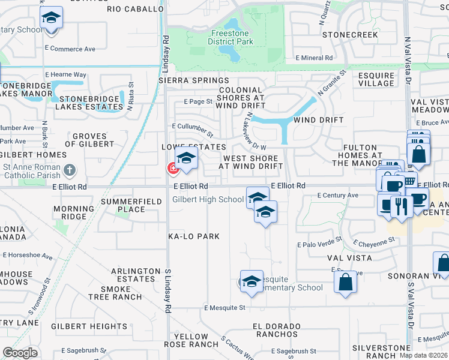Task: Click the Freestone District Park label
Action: pos(231,37)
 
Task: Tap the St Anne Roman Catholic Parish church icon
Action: pos(70,170)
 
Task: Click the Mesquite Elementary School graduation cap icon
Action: pos(252,281)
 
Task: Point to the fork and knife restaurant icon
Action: pos(400,207)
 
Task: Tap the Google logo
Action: pos(20,353)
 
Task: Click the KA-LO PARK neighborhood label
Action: pos(194,236)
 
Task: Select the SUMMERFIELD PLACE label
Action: pos(131,205)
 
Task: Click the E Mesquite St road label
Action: pos(224,308)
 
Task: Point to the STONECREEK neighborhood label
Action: pos(351,35)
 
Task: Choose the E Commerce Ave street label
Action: pos(70,49)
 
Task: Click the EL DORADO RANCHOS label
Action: pos(276,330)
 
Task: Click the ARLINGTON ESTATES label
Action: pos(135,275)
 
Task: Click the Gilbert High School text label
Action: pos(208,199)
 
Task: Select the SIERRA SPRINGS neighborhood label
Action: pos(194,80)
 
